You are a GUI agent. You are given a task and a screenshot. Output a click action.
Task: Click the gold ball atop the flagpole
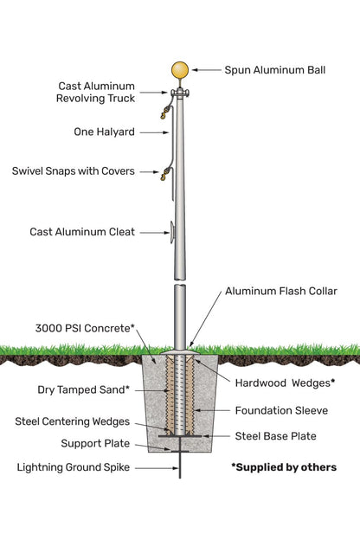pos(180,70)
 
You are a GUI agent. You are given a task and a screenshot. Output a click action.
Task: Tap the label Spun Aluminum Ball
pos(274,69)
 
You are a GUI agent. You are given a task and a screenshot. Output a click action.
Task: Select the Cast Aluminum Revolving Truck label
pos(96,93)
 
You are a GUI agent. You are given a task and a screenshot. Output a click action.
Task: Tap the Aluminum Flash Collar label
pos(280,292)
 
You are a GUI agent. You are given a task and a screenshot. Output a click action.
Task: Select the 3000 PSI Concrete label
pos(85,329)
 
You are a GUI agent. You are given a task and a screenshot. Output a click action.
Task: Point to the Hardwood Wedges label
pos(285,382)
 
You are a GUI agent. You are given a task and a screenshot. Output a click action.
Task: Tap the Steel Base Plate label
pos(275,436)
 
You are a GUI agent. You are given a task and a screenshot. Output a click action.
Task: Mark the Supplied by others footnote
pos(283,467)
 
